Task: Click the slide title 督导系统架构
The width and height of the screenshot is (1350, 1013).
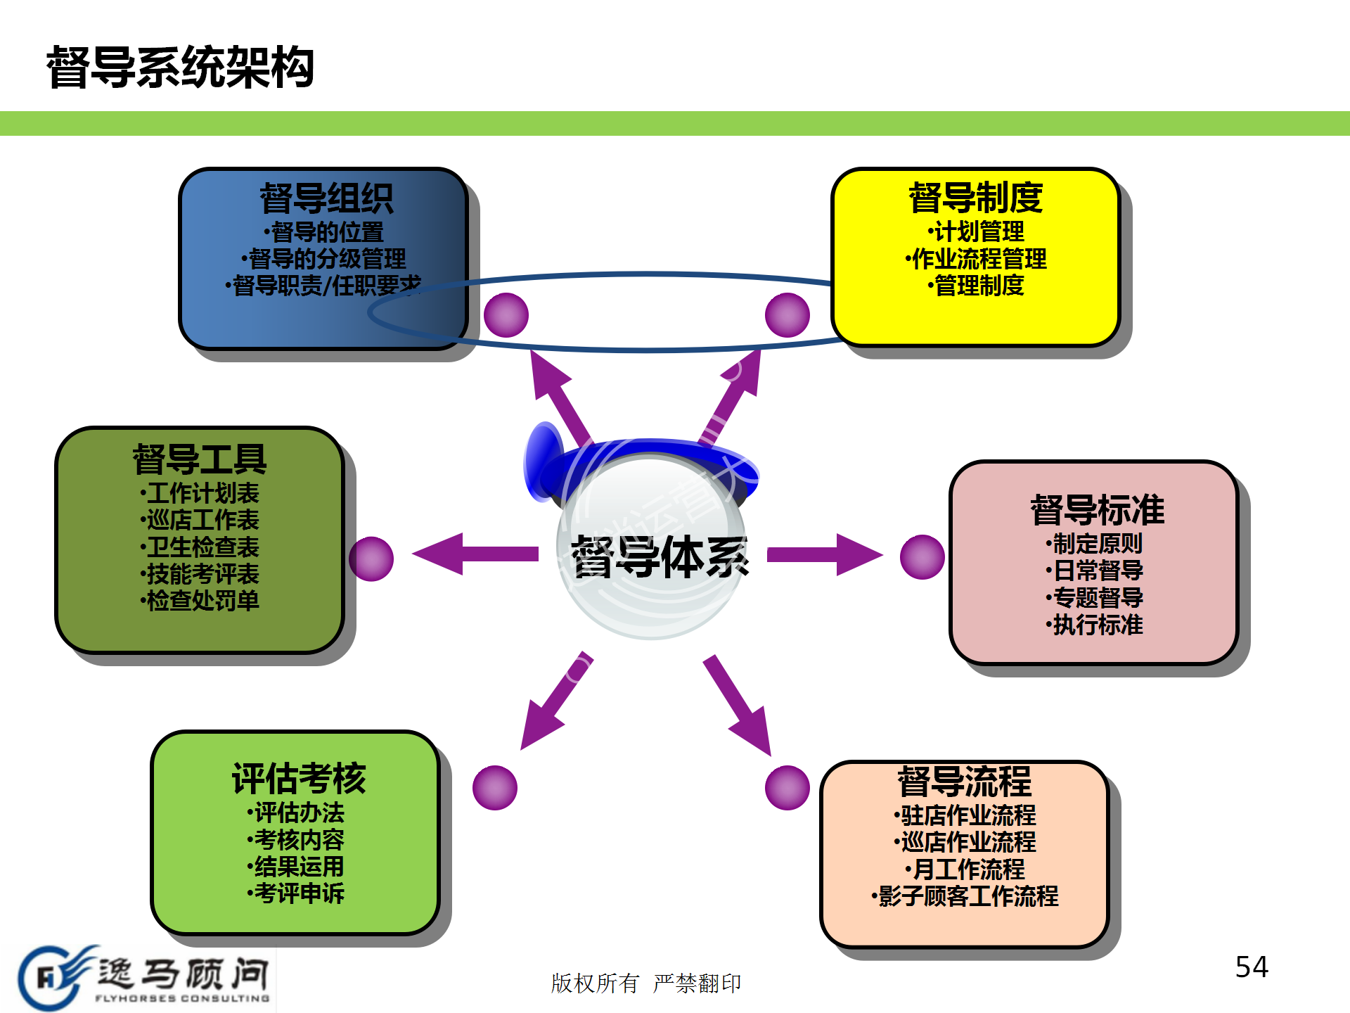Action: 180,68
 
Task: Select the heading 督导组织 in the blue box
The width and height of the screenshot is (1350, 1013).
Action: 326,198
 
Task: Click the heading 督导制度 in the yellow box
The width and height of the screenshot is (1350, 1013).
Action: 976,197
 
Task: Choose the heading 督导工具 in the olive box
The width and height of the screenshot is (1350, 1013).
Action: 200,459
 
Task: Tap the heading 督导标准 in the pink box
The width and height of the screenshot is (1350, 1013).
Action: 1097,510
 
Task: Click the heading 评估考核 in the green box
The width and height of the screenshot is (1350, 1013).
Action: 299,779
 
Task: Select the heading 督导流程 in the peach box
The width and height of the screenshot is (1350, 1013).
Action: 965,781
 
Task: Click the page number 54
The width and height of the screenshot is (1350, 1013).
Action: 1252,967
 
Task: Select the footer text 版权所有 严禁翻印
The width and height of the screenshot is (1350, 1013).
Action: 645,983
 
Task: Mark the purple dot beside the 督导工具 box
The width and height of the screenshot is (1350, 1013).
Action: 371,559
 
